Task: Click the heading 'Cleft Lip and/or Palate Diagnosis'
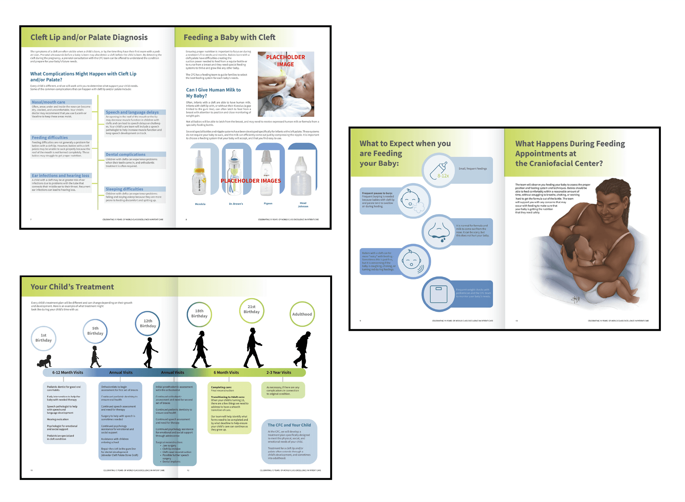89,37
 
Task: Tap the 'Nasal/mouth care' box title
48,102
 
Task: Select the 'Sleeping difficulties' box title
124,189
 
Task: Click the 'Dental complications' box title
125,154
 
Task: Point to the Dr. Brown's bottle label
236,204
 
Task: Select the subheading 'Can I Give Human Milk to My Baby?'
213,93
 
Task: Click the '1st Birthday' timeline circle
43,338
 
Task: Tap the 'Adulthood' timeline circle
302,314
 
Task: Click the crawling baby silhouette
44,361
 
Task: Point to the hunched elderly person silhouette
303,350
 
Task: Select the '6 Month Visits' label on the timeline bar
226,373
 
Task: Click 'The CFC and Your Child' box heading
289,425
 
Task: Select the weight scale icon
438,294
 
